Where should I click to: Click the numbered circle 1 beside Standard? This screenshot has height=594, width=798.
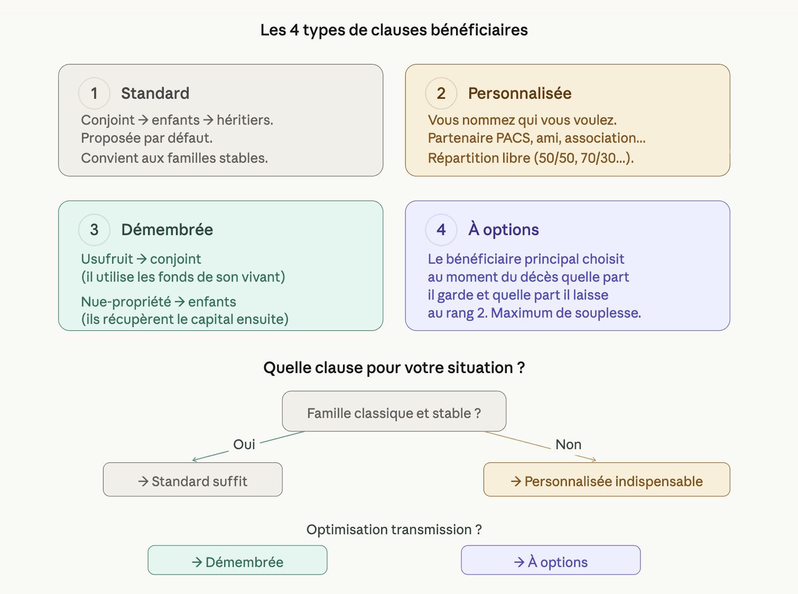point(94,94)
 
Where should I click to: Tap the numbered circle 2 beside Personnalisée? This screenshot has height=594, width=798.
point(441,94)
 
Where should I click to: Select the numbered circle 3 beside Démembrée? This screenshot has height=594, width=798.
point(94,230)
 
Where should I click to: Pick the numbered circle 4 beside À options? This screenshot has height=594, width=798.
point(441,230)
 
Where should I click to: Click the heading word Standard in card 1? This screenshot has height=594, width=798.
point(155,94)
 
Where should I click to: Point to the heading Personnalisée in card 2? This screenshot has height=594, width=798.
point(519,94)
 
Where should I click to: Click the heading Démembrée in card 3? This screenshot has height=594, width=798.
point(167,230)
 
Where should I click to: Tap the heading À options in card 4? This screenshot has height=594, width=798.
point(503,230)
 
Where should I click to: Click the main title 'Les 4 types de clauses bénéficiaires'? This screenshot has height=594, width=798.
point(394,30)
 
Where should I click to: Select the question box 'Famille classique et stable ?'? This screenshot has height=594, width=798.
point(394,412)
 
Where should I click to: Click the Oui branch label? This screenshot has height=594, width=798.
point(244,444)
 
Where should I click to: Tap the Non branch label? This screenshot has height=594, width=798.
point(568,444)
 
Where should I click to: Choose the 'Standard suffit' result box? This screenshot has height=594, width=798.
point(193,480)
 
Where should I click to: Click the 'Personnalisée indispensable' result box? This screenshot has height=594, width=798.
point(607,480)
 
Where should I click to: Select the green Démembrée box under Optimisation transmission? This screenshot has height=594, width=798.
point(237,560)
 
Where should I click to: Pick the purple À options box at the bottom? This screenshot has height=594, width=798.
point(551,560)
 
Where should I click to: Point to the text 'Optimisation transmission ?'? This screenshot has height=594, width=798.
point(394,530)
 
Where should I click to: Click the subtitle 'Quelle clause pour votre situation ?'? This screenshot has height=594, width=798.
point(394,368)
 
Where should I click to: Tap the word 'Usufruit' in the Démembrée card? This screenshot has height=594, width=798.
point(107,259)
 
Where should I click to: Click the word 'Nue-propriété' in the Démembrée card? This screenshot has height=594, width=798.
point(126,302)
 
